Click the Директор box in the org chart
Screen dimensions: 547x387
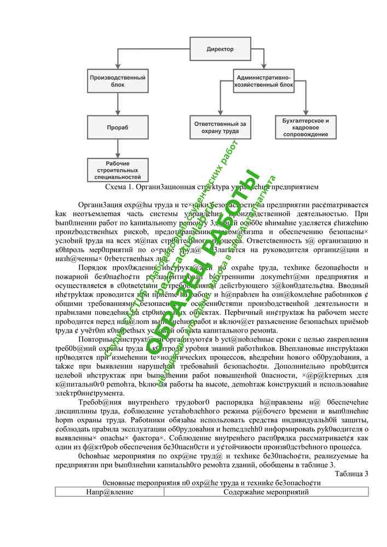pyautogui.click(x=220, y=49)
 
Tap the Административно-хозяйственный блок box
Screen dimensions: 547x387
pyautogui.click(x=263, y=81)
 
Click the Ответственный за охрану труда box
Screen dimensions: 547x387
pyautogui.click(x=220, y=127)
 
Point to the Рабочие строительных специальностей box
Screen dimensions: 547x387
pyautogui.click(x=118, y=170)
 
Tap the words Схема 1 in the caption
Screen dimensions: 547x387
pyautogui.click(x=119, y=187)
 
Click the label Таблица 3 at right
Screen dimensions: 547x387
pyautogui.click(x=351, y=474)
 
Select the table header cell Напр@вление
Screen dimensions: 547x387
pyautogui.click(x=109, y=492)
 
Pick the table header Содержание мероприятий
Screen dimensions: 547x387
pyautogui.click(x=266, y=492)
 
